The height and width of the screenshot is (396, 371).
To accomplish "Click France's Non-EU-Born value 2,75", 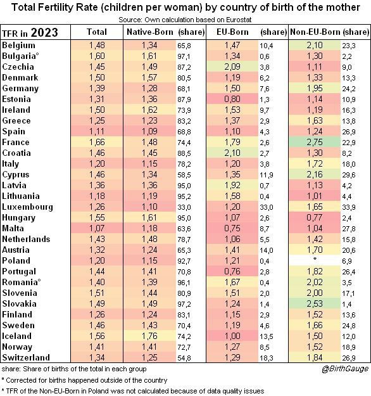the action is coord(315,142).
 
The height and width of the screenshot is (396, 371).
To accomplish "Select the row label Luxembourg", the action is coord(27,207).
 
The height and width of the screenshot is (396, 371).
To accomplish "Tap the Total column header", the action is coord(97,32).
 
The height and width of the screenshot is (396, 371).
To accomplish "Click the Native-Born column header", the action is coord(150,32).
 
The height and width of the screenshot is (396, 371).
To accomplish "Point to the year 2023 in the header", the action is coord(44,32).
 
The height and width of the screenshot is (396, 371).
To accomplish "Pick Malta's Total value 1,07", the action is coord(97,228).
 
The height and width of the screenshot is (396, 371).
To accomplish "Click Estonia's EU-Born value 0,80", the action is coord(232,99).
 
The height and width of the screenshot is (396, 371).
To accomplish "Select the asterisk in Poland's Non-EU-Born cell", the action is coord(315,259).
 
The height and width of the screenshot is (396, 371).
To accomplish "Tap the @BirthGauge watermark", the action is coord(345,369).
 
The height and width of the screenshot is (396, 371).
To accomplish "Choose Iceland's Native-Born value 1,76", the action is coord(149,336).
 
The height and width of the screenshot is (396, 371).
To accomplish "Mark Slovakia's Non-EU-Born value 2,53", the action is coord(315,304).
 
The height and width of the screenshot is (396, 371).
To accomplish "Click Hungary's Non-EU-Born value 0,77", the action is coord(315,217).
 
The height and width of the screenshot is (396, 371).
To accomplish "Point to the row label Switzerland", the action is coord(26,357).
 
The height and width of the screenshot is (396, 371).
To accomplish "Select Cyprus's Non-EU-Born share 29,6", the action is coord(349,175).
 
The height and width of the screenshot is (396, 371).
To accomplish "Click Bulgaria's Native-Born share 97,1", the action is coord(184,56).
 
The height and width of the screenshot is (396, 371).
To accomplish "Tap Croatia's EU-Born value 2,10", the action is coord(232,153).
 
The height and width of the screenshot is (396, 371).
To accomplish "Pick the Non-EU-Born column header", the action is coord(315,32).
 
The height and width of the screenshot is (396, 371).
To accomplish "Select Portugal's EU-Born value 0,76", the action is coord(232,271).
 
